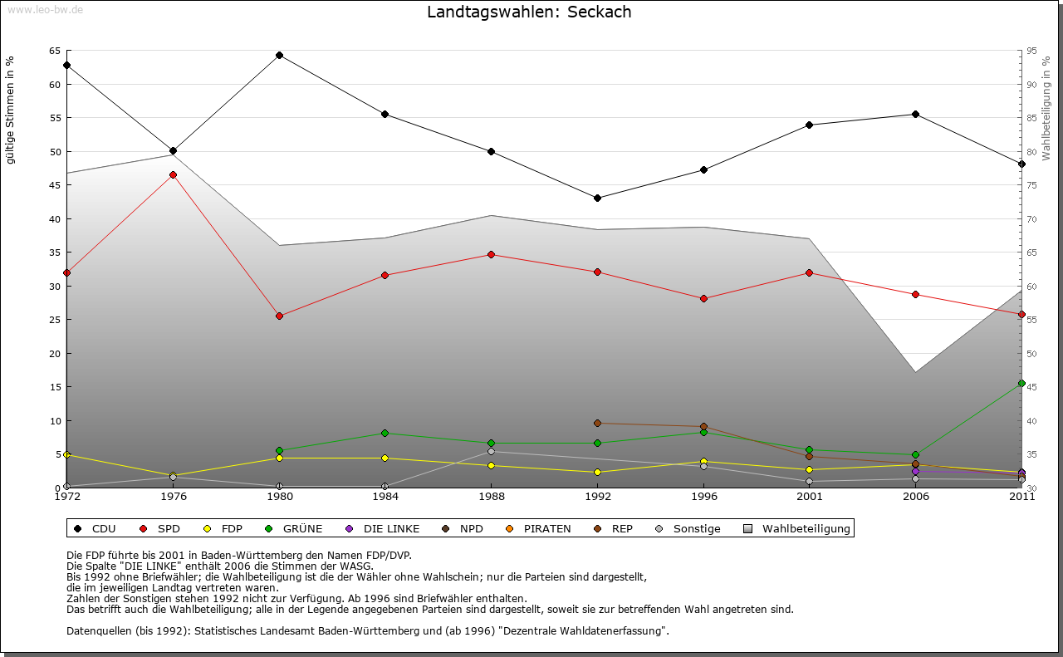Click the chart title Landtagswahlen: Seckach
pos(529,12)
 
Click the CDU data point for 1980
pos(279,56)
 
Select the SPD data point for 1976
pos(173,174)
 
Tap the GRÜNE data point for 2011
pos(1021,384)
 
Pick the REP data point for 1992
pos(598,423)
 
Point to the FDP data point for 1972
pos(66,454)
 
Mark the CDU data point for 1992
pos(598,198)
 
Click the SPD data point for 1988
pos(491,254)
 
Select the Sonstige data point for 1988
pos(491,451)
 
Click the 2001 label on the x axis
pos(810,497)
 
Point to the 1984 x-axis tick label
pos(385,497)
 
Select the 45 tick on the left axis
pos(54,185)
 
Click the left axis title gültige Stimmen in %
pos(11,110)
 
